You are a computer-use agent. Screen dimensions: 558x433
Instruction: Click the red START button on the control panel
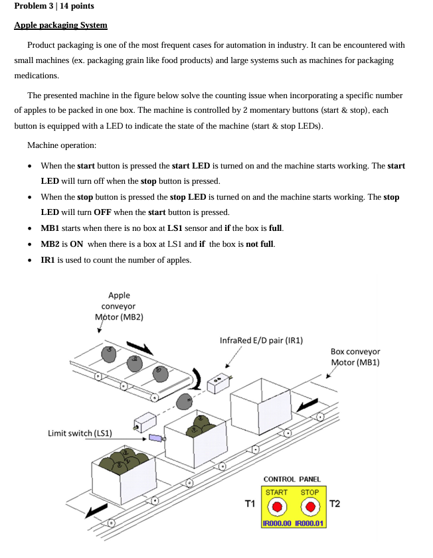coord(278,508)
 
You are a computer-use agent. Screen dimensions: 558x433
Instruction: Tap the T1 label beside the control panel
coord(250,504)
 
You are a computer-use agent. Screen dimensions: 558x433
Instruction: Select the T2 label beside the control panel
coord(335,504)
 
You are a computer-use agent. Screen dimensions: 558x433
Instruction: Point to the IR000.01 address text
coord(309,523)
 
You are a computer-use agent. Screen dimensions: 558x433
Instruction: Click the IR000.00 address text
coord(278,523)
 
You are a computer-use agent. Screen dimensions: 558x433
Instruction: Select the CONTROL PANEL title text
coord(292,479)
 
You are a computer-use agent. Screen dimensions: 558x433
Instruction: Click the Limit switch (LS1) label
coord(80,433)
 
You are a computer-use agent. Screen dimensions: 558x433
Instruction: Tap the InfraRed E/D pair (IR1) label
coord(261,340)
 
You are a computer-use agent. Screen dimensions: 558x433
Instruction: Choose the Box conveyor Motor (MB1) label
coord(355,357)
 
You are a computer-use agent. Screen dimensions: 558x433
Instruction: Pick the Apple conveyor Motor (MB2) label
coord(119,306)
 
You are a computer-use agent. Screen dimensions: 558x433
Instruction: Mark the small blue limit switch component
coord(156,438)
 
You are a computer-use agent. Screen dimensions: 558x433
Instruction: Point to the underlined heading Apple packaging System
coord(60,25)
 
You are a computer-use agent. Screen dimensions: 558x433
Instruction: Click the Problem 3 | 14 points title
coord(54,6)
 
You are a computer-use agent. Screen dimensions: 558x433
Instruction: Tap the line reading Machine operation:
coord(62,145)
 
